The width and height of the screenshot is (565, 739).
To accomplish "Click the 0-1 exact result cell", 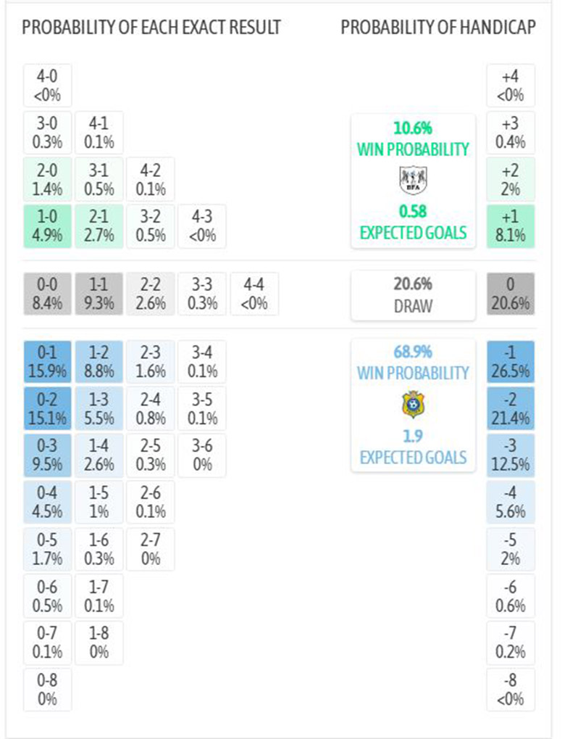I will click(x=47, y=362).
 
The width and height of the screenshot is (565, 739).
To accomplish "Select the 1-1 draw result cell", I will click(x=99, y=294).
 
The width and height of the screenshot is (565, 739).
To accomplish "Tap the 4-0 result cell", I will click(x=47, y=86).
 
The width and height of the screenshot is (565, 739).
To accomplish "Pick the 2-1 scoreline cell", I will click(x=99, y=226).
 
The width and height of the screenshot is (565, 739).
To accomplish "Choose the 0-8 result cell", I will click(x=47, y=690).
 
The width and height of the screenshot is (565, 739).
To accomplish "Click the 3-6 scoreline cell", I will click(x=202, y=455).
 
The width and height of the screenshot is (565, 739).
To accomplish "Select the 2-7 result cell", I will click(x=150, y=549).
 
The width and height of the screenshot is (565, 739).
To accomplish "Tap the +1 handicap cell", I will click(x=510, y=226).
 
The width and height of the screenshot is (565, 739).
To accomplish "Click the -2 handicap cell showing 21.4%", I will click(x=510, y=408).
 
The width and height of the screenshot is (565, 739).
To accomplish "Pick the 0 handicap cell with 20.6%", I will click(x=510, y=294).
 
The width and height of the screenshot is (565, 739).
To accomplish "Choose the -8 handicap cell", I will click(x=510, y=690).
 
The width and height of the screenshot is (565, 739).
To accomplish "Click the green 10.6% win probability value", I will click(x=412, y=128).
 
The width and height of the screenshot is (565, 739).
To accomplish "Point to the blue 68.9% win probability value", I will click(x=412, y=352).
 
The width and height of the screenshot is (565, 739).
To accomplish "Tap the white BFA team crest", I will click(x=413, y=179).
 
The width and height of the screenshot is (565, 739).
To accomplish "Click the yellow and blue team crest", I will click(x=413, y=404).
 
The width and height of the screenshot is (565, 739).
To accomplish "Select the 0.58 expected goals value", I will click(x=412, y=212).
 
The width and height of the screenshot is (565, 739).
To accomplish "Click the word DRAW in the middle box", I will click(x=412, y=305).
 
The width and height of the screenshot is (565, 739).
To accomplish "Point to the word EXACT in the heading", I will click(x=189, y=28).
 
